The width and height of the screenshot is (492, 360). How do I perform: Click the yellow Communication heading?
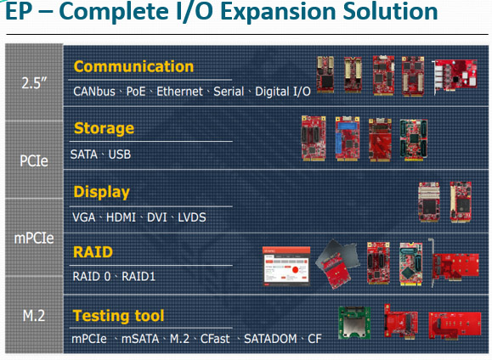pos(133,66)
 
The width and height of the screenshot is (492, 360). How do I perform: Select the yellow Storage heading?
pos(104,128)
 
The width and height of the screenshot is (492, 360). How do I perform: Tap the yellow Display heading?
pos(101,192)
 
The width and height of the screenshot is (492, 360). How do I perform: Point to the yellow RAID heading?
pos(93,252)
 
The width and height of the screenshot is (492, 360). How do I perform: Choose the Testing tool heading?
pos(118,316)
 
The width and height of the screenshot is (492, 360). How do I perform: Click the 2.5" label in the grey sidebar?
pos(34,83)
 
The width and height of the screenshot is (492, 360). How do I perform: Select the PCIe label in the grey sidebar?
pos(34,160)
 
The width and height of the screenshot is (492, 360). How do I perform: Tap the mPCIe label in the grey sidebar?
pos(34,239)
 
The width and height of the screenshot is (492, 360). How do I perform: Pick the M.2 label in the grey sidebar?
pos(34,316)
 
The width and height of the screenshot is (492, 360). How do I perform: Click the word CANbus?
pos(94,92)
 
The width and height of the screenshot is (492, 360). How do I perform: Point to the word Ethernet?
pos(179,92)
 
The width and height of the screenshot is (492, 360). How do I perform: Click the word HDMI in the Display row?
pos(121,217)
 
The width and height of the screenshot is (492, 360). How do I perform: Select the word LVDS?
pos(192,217)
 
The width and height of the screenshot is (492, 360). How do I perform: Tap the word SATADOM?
pos(270,339)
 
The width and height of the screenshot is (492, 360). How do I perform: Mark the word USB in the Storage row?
pos(120,155)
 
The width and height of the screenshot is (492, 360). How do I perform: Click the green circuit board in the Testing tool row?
pos(354,323)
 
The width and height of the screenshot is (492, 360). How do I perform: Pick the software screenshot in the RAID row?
pos(286,267)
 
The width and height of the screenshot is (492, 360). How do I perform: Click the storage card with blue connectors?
pos(347,139)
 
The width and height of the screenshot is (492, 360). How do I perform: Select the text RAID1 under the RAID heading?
pos(139,277)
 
